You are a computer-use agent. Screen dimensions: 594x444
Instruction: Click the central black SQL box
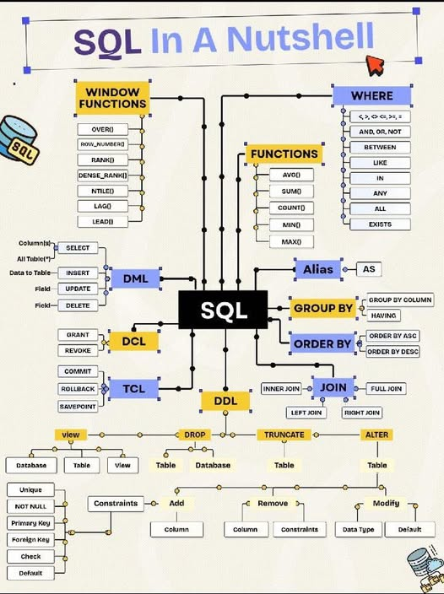(x=223, y=310)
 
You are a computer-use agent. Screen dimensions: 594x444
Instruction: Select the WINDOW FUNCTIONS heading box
(x=112, y=97)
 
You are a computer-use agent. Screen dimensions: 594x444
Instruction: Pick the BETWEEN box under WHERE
(x=379, y=147)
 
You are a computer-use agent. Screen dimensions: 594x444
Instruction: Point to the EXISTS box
(x=379, y=224)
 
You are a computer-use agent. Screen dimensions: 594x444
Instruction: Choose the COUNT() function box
(x=291, y=208)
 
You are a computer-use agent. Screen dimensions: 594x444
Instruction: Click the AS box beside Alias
(x=368, y=269)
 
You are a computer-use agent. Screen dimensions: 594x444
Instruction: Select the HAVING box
(x=385, y=316)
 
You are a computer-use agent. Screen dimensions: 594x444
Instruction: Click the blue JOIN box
(x=333, y=387)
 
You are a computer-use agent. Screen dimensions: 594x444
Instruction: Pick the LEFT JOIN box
(x=307, y=413)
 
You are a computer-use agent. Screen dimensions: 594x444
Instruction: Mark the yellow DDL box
(x=225, y=400)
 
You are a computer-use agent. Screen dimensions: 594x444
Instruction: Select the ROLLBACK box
(x=78, y=389)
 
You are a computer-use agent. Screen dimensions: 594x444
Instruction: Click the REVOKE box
(x=78, y=350)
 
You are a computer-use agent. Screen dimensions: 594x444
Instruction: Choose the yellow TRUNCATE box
(x=284, y=435)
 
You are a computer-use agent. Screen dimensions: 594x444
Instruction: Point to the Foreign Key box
(x=30, y=539)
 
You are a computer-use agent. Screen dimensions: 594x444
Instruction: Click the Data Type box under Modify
(x=358, y=530)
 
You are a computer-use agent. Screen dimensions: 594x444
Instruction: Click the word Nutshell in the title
(x=300, y=39)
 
